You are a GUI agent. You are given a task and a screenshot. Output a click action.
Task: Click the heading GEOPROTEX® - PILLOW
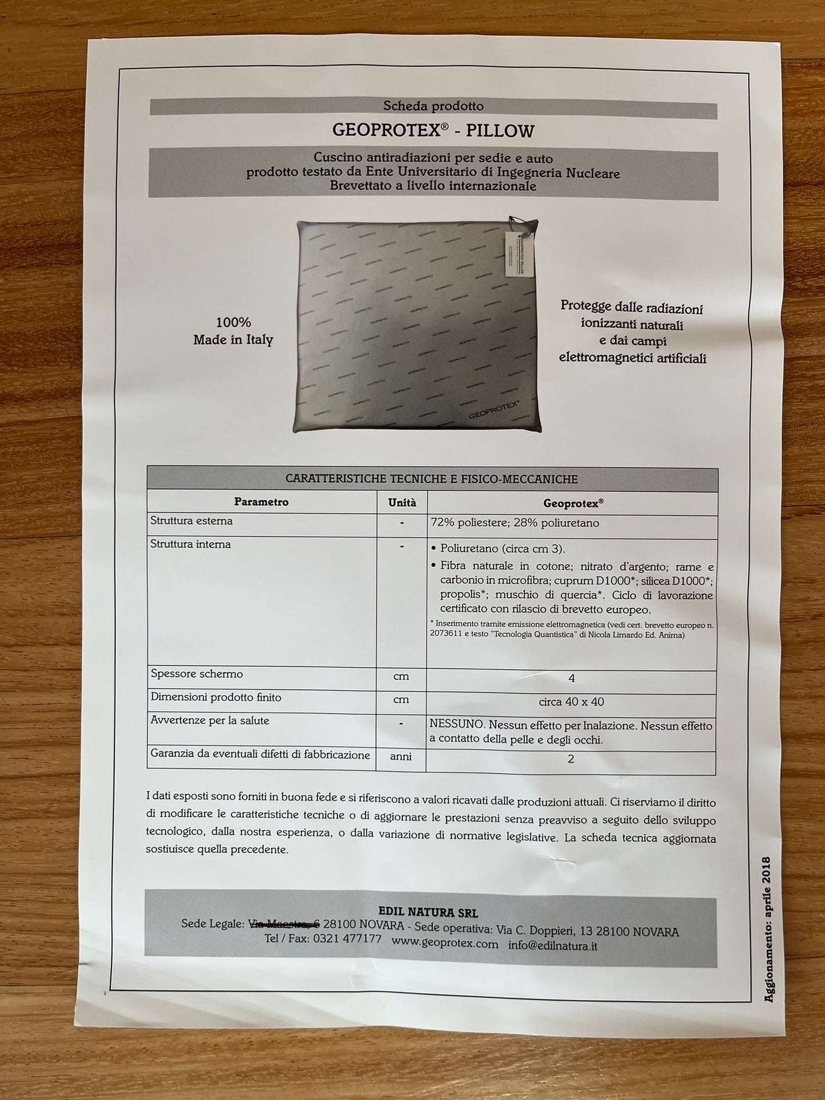click(x=433, y=131)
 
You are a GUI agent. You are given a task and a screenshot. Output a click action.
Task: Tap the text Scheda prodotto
click(x=433, y=106)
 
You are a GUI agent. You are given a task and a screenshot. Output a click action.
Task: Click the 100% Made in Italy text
click(x=233, y=331)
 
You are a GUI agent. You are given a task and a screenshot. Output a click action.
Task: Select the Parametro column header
click(x=261, y=502)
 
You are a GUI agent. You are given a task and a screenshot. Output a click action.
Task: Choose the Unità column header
click(x=402, y=503)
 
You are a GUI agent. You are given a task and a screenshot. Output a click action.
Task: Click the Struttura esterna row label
click(x=191, y=521)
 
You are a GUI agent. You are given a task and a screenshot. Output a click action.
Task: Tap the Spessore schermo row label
click(x=196, y=674)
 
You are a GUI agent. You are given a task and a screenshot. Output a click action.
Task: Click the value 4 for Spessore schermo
click(x=572, y=678)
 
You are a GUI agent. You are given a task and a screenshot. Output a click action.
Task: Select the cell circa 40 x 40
click(x=571, y=702)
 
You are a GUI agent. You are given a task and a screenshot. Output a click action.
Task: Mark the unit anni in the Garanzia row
click(x=401, y=757)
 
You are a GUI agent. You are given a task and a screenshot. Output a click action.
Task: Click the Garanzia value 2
click(x=571, y=759)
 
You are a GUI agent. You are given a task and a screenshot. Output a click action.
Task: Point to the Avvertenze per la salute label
click(x=210, y=721)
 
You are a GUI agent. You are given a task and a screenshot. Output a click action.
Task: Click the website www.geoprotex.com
click(x=445, y=944)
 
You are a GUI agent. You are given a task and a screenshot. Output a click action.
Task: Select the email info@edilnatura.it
click(x=552, y=946)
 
